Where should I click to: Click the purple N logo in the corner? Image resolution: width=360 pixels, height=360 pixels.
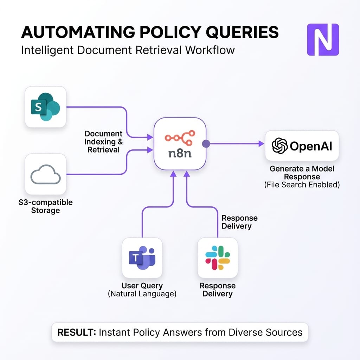323,39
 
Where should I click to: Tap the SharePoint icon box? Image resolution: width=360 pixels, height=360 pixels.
46,107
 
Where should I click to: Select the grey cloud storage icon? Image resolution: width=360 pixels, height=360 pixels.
46,174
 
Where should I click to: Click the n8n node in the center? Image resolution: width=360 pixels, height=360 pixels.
180,143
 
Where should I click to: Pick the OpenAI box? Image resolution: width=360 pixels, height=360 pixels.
302,146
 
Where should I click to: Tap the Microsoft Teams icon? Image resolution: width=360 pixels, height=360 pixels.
142,258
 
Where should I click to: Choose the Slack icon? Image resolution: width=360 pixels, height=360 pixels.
218,258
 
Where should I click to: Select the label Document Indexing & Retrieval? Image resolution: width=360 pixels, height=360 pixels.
103,142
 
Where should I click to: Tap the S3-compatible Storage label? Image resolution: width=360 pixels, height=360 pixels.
45,206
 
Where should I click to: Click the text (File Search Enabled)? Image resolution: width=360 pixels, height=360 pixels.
302,184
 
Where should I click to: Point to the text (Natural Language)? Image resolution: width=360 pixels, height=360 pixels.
142,294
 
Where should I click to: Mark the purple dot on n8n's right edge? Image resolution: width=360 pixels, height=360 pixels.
206,143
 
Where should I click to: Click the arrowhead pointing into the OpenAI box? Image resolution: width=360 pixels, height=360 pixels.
261,143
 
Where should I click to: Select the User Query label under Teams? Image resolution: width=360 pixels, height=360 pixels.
142,285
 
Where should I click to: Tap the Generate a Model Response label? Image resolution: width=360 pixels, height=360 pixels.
302,173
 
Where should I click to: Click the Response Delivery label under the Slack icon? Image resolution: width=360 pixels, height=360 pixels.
218,289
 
